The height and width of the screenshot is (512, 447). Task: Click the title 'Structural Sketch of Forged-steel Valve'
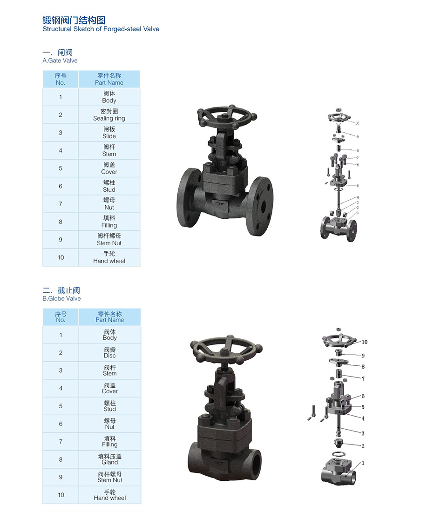[x=101, y=29]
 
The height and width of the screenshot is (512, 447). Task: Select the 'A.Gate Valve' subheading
[x=60, y=61]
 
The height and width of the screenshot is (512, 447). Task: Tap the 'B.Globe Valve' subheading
[x=61, y=298]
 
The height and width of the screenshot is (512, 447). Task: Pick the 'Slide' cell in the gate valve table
[x=109, y=133]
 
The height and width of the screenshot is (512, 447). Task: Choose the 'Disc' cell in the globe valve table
[x=110, y=353]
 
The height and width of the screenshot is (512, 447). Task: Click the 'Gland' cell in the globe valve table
[x=110, y=459]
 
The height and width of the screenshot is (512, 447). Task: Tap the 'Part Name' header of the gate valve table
[x=109, y=79]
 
